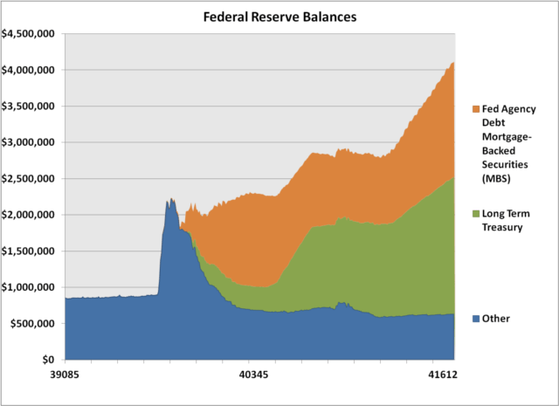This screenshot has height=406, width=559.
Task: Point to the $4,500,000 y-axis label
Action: click(x=30, y=34)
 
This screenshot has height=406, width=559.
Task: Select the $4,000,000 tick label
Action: click(x=30, y=70)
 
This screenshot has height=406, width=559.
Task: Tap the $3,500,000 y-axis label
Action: click(x=30, y=107)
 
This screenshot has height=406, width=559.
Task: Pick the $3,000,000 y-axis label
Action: click(x=30, y=142)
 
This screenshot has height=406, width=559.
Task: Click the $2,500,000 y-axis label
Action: click(x=30, y=179)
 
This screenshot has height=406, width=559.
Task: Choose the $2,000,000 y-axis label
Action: click(x=30, y=215)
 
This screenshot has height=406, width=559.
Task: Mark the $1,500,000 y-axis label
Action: click(x=30, y=251)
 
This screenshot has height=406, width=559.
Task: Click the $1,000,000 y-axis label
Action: click(x=30, y=287)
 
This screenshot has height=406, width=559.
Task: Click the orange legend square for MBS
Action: click(x=475, y=109)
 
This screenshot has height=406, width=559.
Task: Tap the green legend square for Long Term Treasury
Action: click(x=475, y=215)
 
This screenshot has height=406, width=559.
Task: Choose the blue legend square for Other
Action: click(x=475, y=319)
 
